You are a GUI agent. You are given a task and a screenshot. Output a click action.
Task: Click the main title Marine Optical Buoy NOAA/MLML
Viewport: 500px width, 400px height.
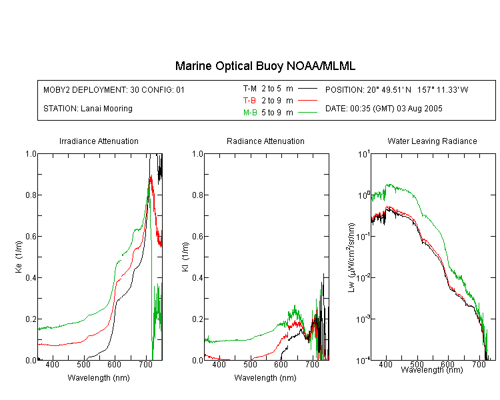(265, 66)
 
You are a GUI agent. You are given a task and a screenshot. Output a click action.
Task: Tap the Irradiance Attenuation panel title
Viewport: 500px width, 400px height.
(99, 141)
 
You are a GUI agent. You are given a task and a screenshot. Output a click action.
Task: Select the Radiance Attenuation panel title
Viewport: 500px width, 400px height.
(265, 141)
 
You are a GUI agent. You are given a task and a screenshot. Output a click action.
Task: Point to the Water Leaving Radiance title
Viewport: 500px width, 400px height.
(432, 141)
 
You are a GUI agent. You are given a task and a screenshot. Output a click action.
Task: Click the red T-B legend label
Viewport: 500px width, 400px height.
(249, 101)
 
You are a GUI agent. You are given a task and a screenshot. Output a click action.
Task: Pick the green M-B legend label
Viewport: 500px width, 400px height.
(250, 113)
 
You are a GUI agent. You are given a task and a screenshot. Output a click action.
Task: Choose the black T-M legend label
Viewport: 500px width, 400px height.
(250, 89)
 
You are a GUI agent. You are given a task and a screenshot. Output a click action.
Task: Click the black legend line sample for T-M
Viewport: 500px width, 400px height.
(307, 89)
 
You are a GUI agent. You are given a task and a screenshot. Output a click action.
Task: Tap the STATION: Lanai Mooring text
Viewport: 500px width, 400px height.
(88, 109)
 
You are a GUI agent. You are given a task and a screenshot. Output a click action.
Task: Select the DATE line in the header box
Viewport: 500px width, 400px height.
(383, 109)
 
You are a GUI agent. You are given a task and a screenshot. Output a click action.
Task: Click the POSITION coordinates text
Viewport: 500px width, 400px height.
(397, 89)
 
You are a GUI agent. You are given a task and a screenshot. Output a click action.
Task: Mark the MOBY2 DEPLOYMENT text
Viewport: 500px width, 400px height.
(114, 89)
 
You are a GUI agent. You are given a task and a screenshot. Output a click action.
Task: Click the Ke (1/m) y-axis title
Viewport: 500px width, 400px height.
(19, 257)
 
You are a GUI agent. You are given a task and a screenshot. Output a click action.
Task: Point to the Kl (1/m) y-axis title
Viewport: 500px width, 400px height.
(185, 257)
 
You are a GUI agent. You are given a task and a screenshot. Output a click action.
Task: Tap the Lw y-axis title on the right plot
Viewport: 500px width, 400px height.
(351, 257)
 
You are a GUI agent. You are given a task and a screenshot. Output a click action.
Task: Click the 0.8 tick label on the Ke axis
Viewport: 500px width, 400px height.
(31, 195)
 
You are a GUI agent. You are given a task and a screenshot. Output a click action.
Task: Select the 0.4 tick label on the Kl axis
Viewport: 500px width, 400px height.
(198, 278)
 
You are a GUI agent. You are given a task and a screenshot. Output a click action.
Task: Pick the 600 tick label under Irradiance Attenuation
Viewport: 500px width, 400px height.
(114, 364)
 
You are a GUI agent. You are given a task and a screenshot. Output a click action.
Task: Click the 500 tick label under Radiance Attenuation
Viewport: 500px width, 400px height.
(250, 364)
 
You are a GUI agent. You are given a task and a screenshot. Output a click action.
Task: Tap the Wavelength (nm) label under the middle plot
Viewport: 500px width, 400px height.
(265, 378)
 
